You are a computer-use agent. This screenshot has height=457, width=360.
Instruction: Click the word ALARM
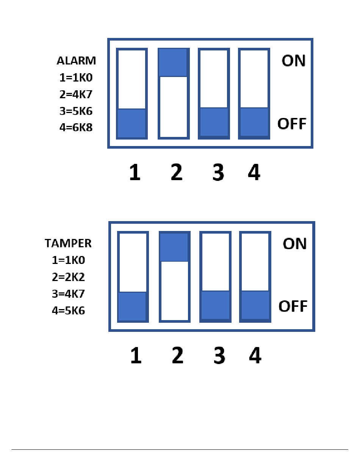(76, 61)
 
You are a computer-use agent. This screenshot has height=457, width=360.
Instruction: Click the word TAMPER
(68, 243)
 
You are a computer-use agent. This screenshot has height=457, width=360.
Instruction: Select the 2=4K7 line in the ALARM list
(76, 94)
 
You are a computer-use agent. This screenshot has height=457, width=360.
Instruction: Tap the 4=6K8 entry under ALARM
(76, 127)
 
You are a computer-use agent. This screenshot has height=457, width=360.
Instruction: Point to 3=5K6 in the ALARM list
(76, 111)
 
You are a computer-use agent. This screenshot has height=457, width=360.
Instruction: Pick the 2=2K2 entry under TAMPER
(68, 277)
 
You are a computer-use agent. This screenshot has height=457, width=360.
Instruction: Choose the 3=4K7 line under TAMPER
(68, 294)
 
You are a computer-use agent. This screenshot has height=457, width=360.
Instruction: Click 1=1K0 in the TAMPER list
(68, 260)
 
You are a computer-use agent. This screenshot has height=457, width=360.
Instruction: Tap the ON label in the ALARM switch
(293, 61)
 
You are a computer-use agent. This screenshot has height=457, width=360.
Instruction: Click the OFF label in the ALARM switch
(292, 124)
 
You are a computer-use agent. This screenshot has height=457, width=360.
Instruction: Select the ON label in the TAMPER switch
(294, 243)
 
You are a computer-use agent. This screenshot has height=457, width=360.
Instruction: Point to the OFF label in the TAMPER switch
(293, 306)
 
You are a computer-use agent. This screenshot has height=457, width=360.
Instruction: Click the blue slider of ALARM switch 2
(173, 63)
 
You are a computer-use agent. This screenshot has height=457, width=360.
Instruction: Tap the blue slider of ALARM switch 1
(131, 123)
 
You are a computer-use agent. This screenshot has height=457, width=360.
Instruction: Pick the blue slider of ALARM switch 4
(254, 122)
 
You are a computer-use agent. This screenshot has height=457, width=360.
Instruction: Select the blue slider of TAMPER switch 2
(174, 247)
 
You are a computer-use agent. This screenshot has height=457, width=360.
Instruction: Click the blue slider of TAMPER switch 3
(215, 305)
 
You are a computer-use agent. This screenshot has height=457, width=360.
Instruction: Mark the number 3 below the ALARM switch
(218, 173)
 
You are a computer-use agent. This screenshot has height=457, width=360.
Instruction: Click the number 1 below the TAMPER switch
(136, 356)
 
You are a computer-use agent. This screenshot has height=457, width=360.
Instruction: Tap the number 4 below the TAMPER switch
(255, 356)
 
